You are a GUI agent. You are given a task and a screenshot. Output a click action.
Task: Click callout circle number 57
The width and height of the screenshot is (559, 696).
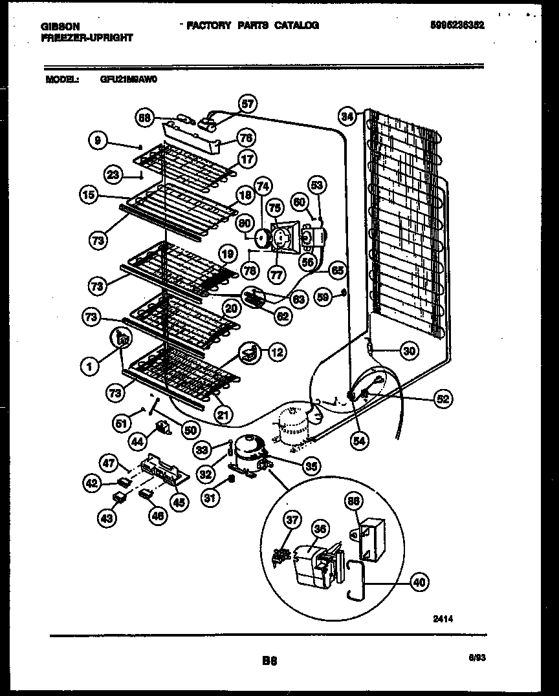[x=247, y=103]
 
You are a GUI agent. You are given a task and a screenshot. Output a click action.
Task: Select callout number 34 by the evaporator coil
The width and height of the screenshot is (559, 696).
[x=347, y=116]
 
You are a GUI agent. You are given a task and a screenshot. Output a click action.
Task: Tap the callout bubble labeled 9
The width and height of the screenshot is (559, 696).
[x=98, y=140]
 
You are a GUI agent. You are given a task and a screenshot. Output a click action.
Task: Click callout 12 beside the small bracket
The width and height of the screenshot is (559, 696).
[x=276, y=352]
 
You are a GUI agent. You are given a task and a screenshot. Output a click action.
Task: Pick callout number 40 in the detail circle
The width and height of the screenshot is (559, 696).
[x=420, y=581]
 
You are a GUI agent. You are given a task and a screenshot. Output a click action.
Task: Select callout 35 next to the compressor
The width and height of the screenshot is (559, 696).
[x=312, y=465]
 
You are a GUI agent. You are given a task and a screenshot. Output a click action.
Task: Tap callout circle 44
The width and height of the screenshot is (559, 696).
[x=137, y=442]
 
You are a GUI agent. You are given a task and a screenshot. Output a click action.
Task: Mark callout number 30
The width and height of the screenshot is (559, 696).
[x=408, y=352]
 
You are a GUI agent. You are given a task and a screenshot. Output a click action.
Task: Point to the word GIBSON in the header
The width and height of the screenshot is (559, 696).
[x=60, y=26]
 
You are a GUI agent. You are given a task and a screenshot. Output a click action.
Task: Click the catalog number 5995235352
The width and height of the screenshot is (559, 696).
[x=457, y=25]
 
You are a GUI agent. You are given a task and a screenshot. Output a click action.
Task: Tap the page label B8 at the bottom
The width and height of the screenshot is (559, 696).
[x=270, y=660]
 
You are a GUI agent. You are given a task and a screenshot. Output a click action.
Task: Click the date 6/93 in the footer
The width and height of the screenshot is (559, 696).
[x=476, y=656]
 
